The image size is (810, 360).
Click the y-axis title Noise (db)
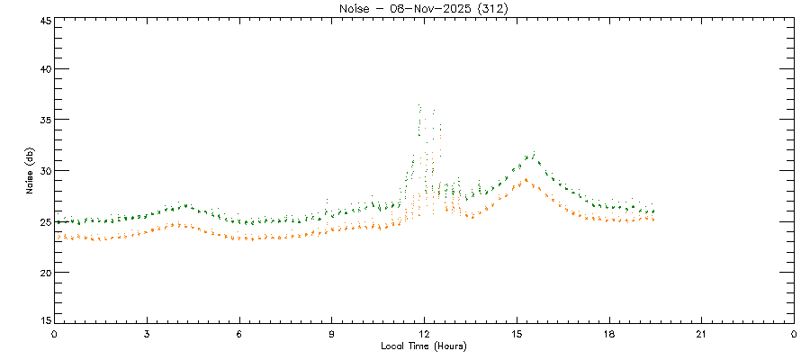(30, 170)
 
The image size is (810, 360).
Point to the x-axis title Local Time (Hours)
(424, 346)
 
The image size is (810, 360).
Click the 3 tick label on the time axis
(147, 334)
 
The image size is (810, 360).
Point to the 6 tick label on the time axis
(239, 334)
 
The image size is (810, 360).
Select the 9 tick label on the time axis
(332, 334)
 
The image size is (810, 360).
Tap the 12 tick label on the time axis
(424, 334)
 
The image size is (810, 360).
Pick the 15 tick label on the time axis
(517, 334)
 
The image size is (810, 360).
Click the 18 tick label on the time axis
(609, 334)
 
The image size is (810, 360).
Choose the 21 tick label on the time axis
(701, 334)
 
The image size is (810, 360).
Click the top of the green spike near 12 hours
(420, 105)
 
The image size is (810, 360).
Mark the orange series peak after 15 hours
(526, 179)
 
